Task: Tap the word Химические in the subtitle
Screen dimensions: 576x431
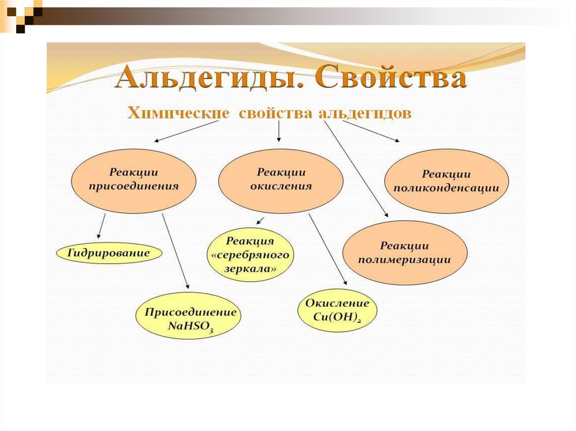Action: pyautogui.click(x=179, y=113)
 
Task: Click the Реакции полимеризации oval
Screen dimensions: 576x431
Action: pyautogui.click(x=404, y=252)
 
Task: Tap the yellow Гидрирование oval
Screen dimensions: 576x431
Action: pyautogui.click(x=109, y=253)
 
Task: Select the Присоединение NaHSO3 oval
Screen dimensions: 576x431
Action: pyautogui.click(x=188, y=317)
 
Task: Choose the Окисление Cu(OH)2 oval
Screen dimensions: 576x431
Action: pyautogui.click(x=337, y=310)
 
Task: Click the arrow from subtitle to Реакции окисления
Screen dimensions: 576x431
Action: pyautogui.click(x=278, y=133)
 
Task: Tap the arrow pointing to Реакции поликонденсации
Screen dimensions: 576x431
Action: pyautogui.click(x=372, y=132)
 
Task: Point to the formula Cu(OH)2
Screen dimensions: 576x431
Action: pyautogui.click(x=337, y=317)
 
